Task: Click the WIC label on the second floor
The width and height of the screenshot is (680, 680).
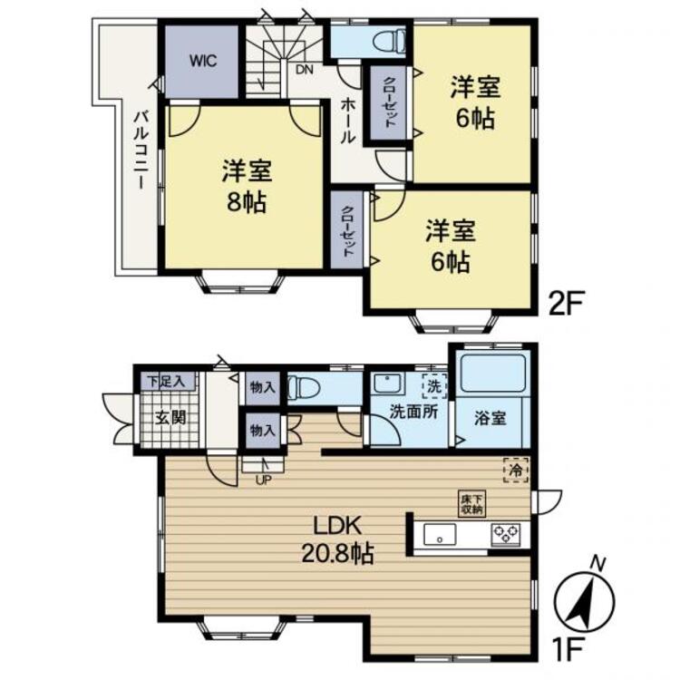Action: tap(202, 60)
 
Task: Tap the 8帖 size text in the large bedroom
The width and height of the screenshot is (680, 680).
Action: tap(247, 201)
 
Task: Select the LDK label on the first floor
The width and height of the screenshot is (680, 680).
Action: tap(337, 526)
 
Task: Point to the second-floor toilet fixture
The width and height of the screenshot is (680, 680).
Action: tap(389, 42)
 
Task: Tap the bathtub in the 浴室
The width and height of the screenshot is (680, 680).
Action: tap(493, 374)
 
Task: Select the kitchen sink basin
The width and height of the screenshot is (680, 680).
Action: tap(440, 535)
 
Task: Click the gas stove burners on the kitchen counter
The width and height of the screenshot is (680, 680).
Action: tap(506, 534)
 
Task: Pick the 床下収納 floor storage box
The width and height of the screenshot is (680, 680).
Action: tap(472, 503)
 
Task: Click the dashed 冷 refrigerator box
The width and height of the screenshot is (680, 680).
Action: tap(516, 470)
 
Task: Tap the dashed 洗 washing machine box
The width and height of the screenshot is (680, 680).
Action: tap(434, 385)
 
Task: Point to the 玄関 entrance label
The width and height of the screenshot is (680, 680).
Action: tap(170, 418)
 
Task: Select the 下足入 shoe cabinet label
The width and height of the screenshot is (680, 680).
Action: tap(167, 382)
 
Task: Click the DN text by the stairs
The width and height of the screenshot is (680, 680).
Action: tap(305, 70)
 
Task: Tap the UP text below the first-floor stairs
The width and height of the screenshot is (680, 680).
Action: tap(263, 480)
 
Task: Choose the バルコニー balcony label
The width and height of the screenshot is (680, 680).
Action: tap(141, 150)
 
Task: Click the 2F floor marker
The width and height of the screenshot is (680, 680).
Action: tap(567, 303)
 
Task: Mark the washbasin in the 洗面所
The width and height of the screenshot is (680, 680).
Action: tap(390, 384)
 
